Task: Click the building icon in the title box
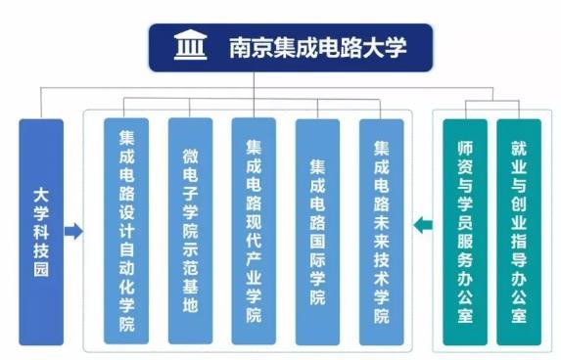click(189, 47)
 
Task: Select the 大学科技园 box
click(41, 232)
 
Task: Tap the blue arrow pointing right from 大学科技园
click(72, 232)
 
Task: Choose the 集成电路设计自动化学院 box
click(126, 232)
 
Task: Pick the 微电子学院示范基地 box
click(190, 232)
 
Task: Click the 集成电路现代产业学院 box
click(254, 232)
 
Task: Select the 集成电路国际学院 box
click(317, 232)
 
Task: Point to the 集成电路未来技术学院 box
click(381, 232)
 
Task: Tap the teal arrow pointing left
click(422, 227)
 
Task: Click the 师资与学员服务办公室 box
click(465, 232)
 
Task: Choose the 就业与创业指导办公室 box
click(518, 232)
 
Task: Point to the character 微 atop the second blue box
click(190, 156)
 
